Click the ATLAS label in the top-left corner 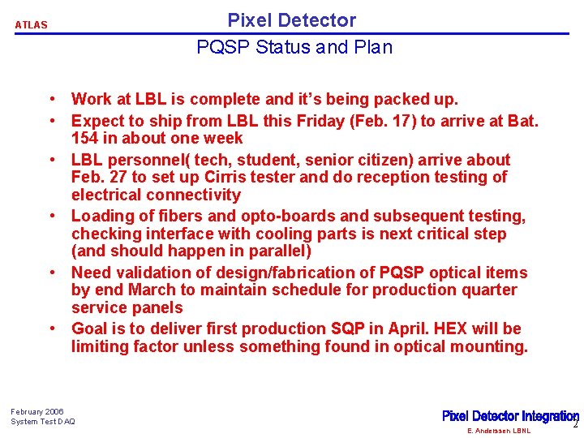[31, 25]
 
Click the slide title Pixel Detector [291, 20]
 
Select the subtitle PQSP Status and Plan [294, 47]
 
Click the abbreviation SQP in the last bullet [350, 328]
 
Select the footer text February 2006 [37, 411]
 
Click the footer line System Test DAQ [43, 422]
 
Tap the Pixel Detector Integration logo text [509, 416]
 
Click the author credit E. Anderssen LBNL [499, 431]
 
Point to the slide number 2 [576, 424]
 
